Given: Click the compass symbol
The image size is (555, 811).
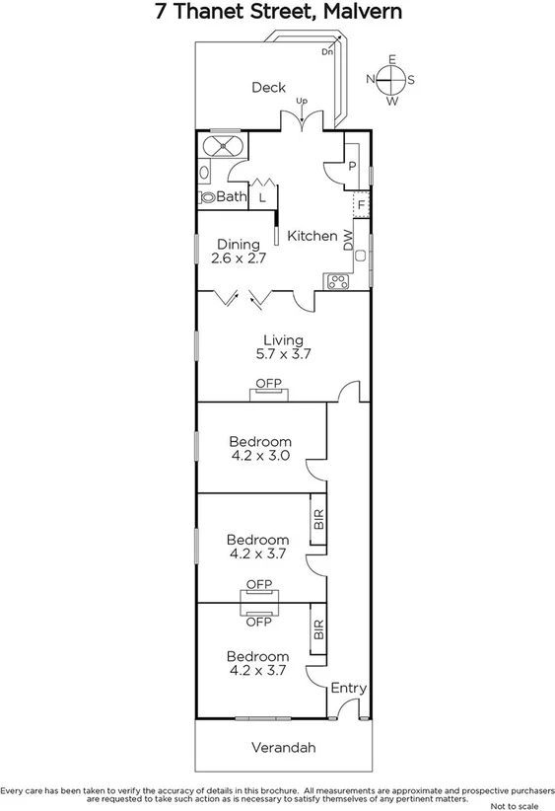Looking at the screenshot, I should (391, 80).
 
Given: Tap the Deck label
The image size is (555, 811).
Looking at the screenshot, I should (268, 87).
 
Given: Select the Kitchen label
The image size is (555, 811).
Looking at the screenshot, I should (312, 236).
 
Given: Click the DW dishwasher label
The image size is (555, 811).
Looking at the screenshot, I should (348, 240).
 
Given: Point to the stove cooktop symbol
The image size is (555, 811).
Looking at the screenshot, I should (337, 280).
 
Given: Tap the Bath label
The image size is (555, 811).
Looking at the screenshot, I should (232, 197).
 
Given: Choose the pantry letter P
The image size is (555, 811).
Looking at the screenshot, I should (352, 167).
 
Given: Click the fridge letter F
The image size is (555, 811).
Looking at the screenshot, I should (362, 205).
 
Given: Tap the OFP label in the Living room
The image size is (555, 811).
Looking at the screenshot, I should (268, 383).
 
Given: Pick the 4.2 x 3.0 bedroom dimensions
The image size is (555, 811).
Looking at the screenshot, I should (260, 456).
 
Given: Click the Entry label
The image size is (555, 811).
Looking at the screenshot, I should (348, 688).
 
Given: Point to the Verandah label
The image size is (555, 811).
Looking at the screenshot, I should (282, 748).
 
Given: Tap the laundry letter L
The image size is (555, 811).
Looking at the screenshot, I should (262, 197).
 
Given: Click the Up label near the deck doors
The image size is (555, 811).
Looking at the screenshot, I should (302, 101).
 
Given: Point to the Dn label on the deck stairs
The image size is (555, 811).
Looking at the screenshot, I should (327, 51).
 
